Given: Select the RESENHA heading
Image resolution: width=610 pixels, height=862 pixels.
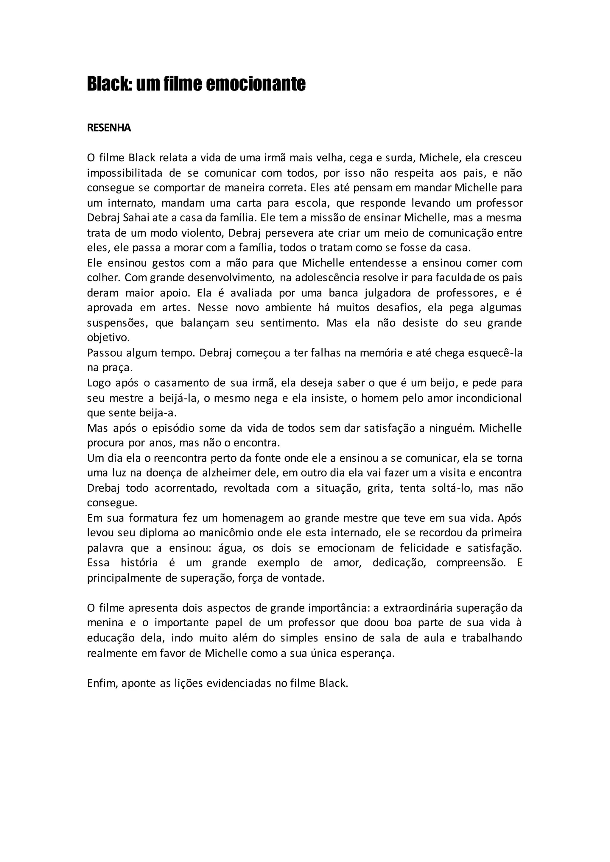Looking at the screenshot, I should (109, 128).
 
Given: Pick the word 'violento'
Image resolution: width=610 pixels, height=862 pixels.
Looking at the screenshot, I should (203, 233).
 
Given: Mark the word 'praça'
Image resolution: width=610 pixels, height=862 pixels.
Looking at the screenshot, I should (110, 368).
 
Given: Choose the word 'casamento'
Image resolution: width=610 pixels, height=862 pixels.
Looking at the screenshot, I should (180, 383).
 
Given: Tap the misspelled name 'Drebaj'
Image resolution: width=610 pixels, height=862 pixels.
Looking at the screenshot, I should (103, 488).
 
